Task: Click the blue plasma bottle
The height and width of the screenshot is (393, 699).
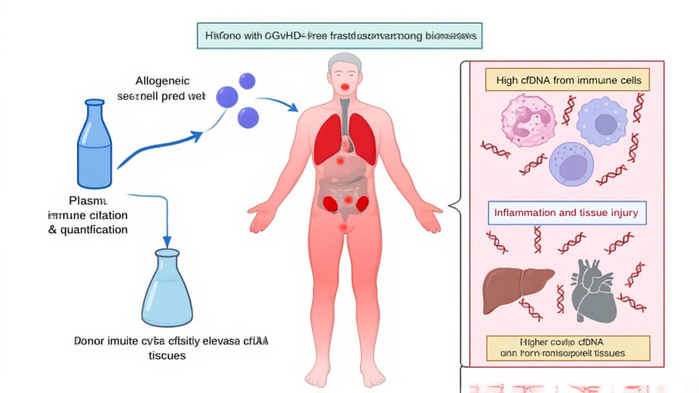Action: pos(95,145)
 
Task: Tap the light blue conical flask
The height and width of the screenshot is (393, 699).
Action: pos(167,292)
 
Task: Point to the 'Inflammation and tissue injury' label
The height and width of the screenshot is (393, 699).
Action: pos(566,213)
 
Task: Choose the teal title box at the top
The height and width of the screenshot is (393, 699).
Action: pos(339,35)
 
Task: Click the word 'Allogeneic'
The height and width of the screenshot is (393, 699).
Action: pos(162,81)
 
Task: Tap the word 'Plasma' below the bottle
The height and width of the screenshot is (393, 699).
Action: pos(88,200)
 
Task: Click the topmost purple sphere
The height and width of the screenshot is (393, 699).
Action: pos(247,81)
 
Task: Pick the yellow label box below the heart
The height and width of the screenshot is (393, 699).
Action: pos(568,348)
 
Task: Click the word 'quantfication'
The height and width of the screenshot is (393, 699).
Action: pos(88,230)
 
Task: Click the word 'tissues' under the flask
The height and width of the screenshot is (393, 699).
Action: pos(167,355)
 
